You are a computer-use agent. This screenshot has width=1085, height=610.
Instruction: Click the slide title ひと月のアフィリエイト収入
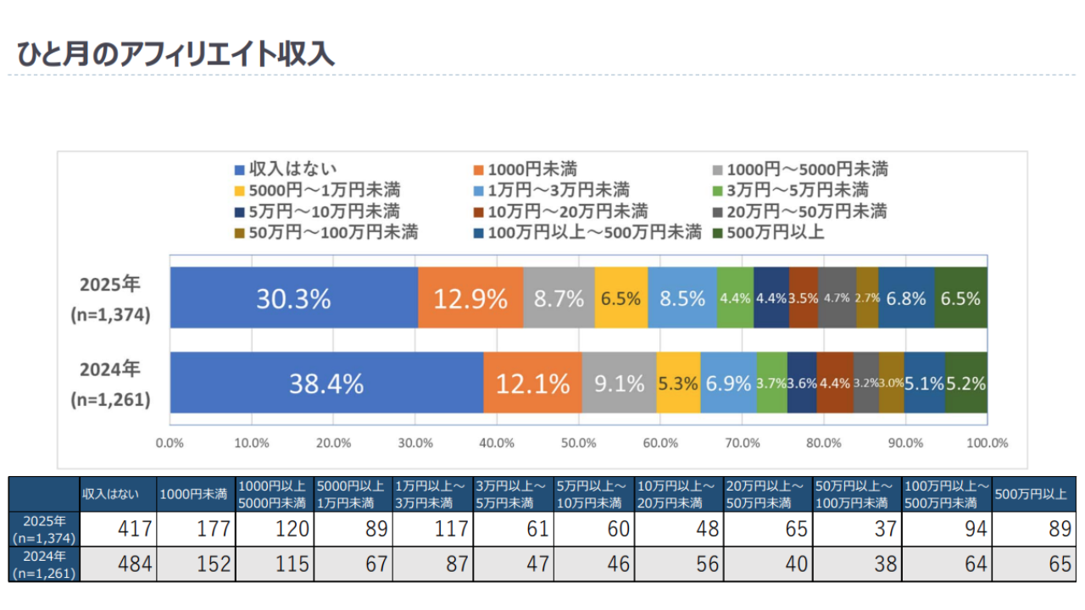(175, 53)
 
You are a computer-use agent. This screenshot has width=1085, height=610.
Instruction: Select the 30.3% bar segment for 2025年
(294, 298)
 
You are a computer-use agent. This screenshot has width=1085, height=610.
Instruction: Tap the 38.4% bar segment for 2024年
(326, 383)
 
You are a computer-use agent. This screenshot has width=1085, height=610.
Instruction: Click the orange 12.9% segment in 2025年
(470, 298)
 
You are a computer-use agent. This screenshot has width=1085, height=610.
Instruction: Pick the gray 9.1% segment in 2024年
(619, 383)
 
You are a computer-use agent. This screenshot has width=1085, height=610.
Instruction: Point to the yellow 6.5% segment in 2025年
(621, 298)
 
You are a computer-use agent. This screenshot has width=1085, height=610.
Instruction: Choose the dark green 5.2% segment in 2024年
(966, 383)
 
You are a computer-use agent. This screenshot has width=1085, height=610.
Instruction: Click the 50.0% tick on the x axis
(578, 443)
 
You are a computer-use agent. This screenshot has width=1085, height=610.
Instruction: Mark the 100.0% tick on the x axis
(987, 443)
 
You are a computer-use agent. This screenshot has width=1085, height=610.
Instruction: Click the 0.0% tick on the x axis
(170, 443)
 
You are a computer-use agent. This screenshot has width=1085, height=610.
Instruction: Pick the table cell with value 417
(118, 530)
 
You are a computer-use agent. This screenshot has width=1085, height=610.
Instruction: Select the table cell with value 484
(118, 564)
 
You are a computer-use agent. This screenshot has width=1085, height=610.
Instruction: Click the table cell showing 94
(946, 530)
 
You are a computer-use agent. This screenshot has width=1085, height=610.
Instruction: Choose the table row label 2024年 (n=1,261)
(44, 564)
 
